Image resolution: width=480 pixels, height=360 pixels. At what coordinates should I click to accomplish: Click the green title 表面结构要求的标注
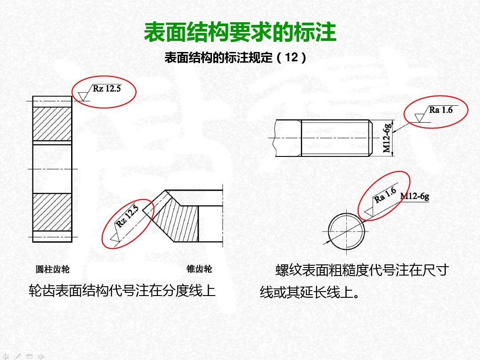pos(240,33)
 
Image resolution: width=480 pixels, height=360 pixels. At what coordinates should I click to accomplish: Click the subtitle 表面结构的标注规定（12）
pos(236,58)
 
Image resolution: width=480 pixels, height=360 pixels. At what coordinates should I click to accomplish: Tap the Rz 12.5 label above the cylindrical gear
pos(107,88)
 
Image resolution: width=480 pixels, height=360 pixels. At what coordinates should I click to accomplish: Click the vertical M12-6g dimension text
pos(388,138)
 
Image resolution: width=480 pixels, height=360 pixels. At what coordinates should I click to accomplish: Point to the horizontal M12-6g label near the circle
pos(415,196)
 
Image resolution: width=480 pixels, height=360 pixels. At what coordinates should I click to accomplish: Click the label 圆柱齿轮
pos(52,269)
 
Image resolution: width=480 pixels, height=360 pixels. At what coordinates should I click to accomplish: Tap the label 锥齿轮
pos(199,269)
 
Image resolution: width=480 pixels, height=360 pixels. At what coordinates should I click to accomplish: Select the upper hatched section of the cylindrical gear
pos(52,124)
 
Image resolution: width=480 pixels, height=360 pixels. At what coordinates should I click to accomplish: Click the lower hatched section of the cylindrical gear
pos(52,212)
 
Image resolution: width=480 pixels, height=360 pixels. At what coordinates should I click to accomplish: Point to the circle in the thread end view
pos(347,231)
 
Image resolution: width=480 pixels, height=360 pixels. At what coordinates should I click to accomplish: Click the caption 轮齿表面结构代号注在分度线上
pos(122,291)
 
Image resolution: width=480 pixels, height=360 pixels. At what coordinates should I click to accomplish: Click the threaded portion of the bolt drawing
pos(336,138)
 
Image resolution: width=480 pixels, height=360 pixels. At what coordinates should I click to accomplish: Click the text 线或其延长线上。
pos(310,293)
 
